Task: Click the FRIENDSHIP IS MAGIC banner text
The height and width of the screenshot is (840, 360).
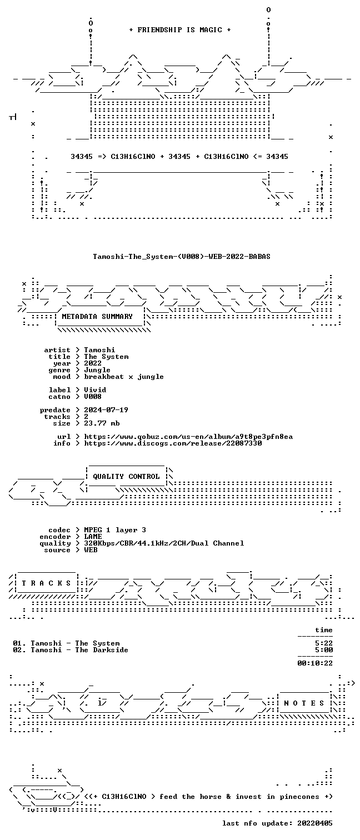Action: tap(180, 30)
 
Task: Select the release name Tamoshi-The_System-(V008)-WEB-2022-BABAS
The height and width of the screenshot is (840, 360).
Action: tap(182, 257)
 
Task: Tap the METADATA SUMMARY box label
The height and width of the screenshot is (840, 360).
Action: tap(97, 317)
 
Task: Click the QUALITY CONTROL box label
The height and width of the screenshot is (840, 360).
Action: tap(126, 477)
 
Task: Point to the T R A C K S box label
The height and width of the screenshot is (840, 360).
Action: tap(46, 583)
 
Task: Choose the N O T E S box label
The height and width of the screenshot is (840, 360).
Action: tap(304, 703)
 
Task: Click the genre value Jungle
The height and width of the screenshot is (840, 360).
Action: tap(97, 370)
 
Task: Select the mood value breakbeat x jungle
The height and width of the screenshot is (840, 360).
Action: tap(124, 377)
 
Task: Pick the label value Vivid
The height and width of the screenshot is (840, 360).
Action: tap(95, 390)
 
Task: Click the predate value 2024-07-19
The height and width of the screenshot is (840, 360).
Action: tap(106, 410)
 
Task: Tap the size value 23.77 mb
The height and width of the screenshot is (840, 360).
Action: tap(102, 423)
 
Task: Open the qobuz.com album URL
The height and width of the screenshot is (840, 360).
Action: tap(188, 437)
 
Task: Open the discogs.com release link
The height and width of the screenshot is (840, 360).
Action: tap(173, 443)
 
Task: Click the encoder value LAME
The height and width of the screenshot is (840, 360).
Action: tap(93, 537)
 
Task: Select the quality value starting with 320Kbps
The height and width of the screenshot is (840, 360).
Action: tap(164, 543)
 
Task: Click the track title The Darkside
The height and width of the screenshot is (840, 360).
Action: tap(102, 650)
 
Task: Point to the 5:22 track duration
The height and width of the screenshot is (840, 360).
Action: tap(324, 643)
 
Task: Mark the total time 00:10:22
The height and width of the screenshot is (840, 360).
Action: tap(315, 663)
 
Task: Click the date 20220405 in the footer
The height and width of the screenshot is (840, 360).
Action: tap(315, 823)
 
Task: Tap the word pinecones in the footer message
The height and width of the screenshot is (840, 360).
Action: tap(299, 797)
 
